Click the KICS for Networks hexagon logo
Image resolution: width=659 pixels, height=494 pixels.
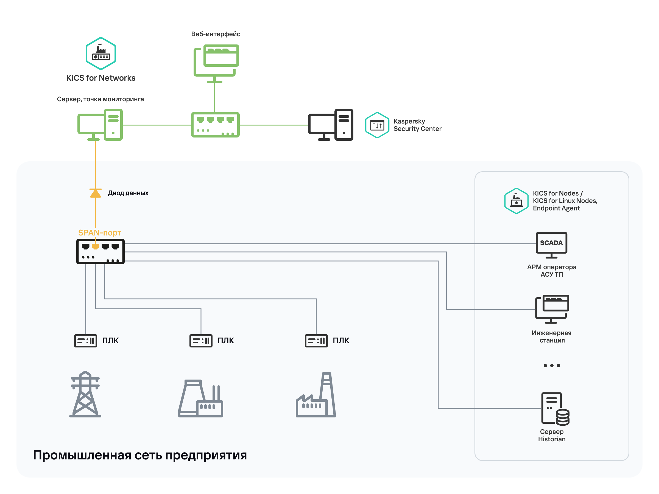[101, 54]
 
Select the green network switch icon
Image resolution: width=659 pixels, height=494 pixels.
[215, 125]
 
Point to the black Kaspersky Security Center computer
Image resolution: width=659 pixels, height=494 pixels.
[330, 125]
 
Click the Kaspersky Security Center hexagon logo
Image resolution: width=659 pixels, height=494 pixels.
[377, 125]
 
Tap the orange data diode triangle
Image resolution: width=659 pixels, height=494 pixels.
[95, 193]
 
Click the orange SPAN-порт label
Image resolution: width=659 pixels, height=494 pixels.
[99, 232]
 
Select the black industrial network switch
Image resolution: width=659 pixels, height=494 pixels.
[100, 252]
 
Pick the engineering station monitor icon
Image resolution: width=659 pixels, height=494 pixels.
[552, 309]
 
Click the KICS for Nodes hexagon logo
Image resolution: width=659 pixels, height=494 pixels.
[516, 201]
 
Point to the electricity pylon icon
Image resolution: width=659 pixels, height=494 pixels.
[85, 394]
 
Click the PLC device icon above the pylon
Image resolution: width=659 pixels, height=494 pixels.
[85, 341]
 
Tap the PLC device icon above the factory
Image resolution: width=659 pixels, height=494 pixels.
[316, 341]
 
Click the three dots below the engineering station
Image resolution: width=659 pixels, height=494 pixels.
[551, 365]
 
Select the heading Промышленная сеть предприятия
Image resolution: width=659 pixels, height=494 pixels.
[140, 455]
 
